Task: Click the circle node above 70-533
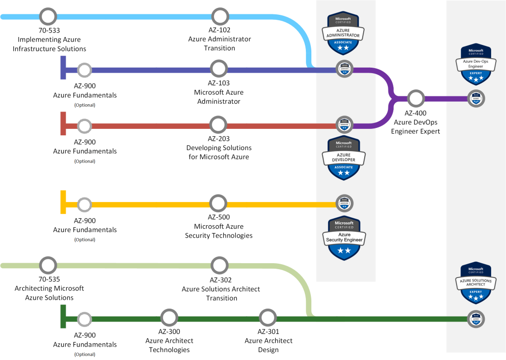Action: (x=48, y=16)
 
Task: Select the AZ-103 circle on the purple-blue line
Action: (x=218, y=70)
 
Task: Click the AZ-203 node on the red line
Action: (x=218, y=125)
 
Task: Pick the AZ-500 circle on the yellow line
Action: (x=218, y=203)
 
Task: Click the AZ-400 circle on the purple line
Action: (x=416, y=98)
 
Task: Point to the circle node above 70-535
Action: (x=48, y=265)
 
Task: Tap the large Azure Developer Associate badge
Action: (x=344, y=158)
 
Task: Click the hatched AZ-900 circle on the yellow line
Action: (x=84, y=203)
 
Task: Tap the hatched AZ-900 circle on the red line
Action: (x=84, y=125)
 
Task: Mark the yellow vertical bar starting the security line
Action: (x=63, y=202)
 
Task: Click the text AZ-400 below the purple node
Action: (x=416, y=113)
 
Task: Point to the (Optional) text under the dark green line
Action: (x=84, y=354)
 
